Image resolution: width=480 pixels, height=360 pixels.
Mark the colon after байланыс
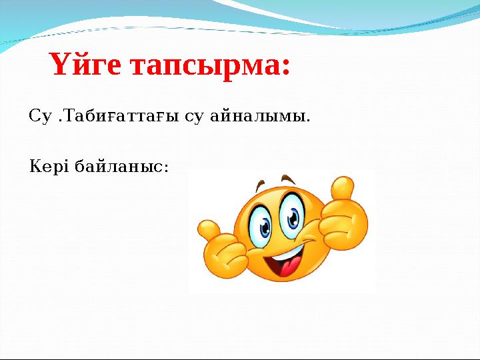(167, 167)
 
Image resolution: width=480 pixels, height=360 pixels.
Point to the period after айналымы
(307, 122)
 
